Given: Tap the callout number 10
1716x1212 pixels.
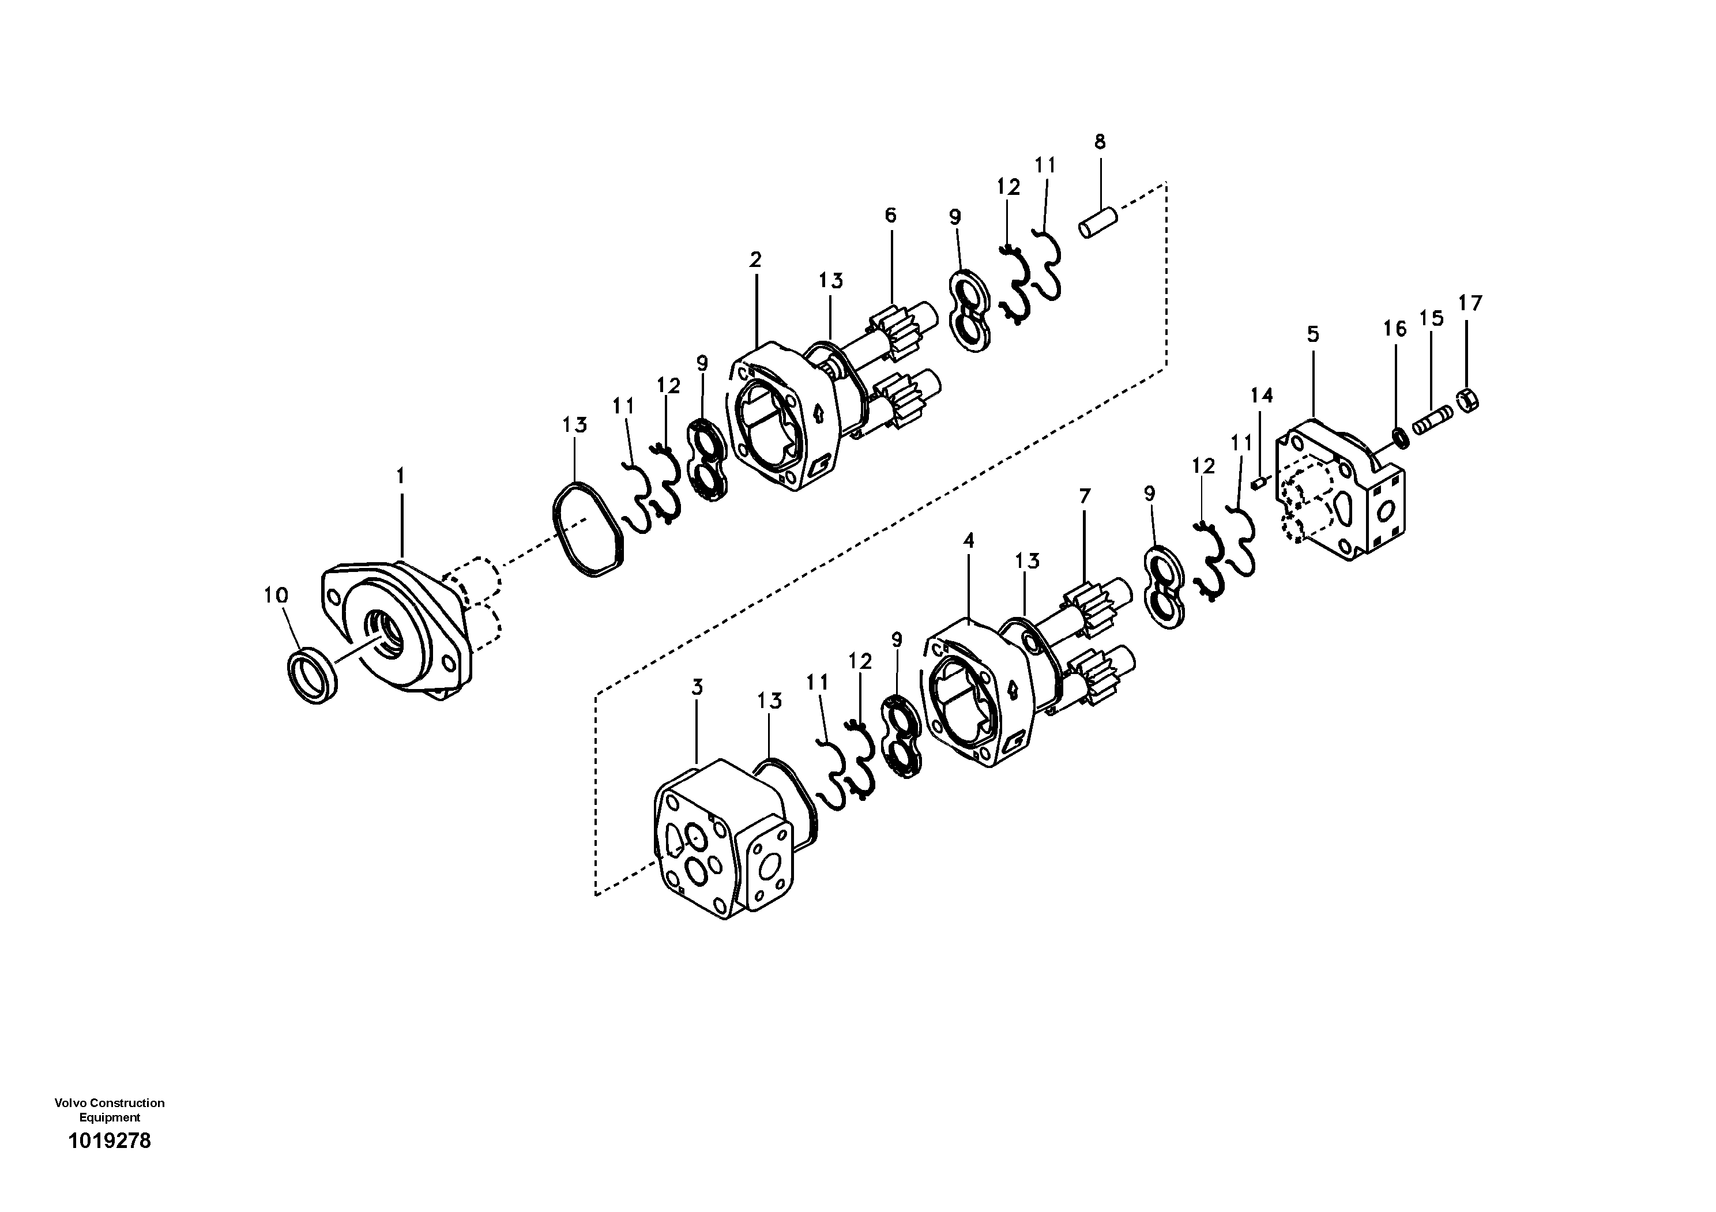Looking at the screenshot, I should pyautogui.click(x=275, y=596).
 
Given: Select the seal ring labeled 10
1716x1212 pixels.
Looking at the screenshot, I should pyautogui.click(x=313, y=677).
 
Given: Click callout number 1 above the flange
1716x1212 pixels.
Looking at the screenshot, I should pyautogui.click(x=401, y=475).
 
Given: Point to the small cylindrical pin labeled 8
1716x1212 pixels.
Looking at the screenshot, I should pyautogui.click(x=1098, y=223).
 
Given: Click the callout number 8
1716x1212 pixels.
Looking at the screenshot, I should pyautogui.click(x=1100, y=142).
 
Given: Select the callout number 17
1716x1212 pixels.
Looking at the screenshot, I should pyautogui.click(x=1469, y=303).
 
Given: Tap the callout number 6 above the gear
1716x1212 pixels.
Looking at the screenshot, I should pyautogui.click(x=890, y=216).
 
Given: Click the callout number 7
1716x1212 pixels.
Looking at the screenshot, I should pyautogui.click(x=1085, y=495).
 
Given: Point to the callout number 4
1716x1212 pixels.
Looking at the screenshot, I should pyautogui.click(x=969, y=540).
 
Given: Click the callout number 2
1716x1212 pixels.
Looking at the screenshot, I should pyautogui.click(x=755, y=260).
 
